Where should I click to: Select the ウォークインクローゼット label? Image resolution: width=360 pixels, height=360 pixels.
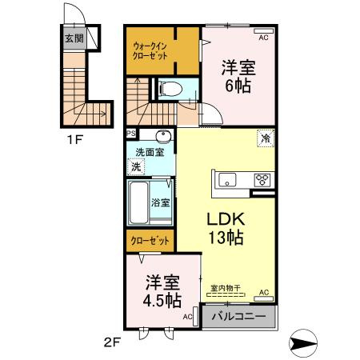(x=152, y=52)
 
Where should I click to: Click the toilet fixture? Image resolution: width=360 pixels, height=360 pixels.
(x=171, y=90)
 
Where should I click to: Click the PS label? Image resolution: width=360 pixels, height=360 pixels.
(x=130, y=134)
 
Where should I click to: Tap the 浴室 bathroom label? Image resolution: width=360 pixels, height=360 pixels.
(x=161, y=202)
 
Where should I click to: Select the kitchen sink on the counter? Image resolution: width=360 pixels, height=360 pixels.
(x=227, y=179)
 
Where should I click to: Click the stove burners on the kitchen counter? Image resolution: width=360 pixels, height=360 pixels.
(x=262, y=179)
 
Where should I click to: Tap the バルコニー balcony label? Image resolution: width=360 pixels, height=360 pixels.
(x=238, y=317)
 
